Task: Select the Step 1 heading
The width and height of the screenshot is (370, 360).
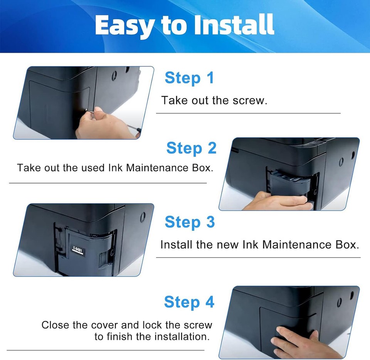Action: click(x=189, y=78)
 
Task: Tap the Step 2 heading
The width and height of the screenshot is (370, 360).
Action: click(x=191, y=148)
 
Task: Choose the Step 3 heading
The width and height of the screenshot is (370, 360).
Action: click(x=189, y=222)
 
